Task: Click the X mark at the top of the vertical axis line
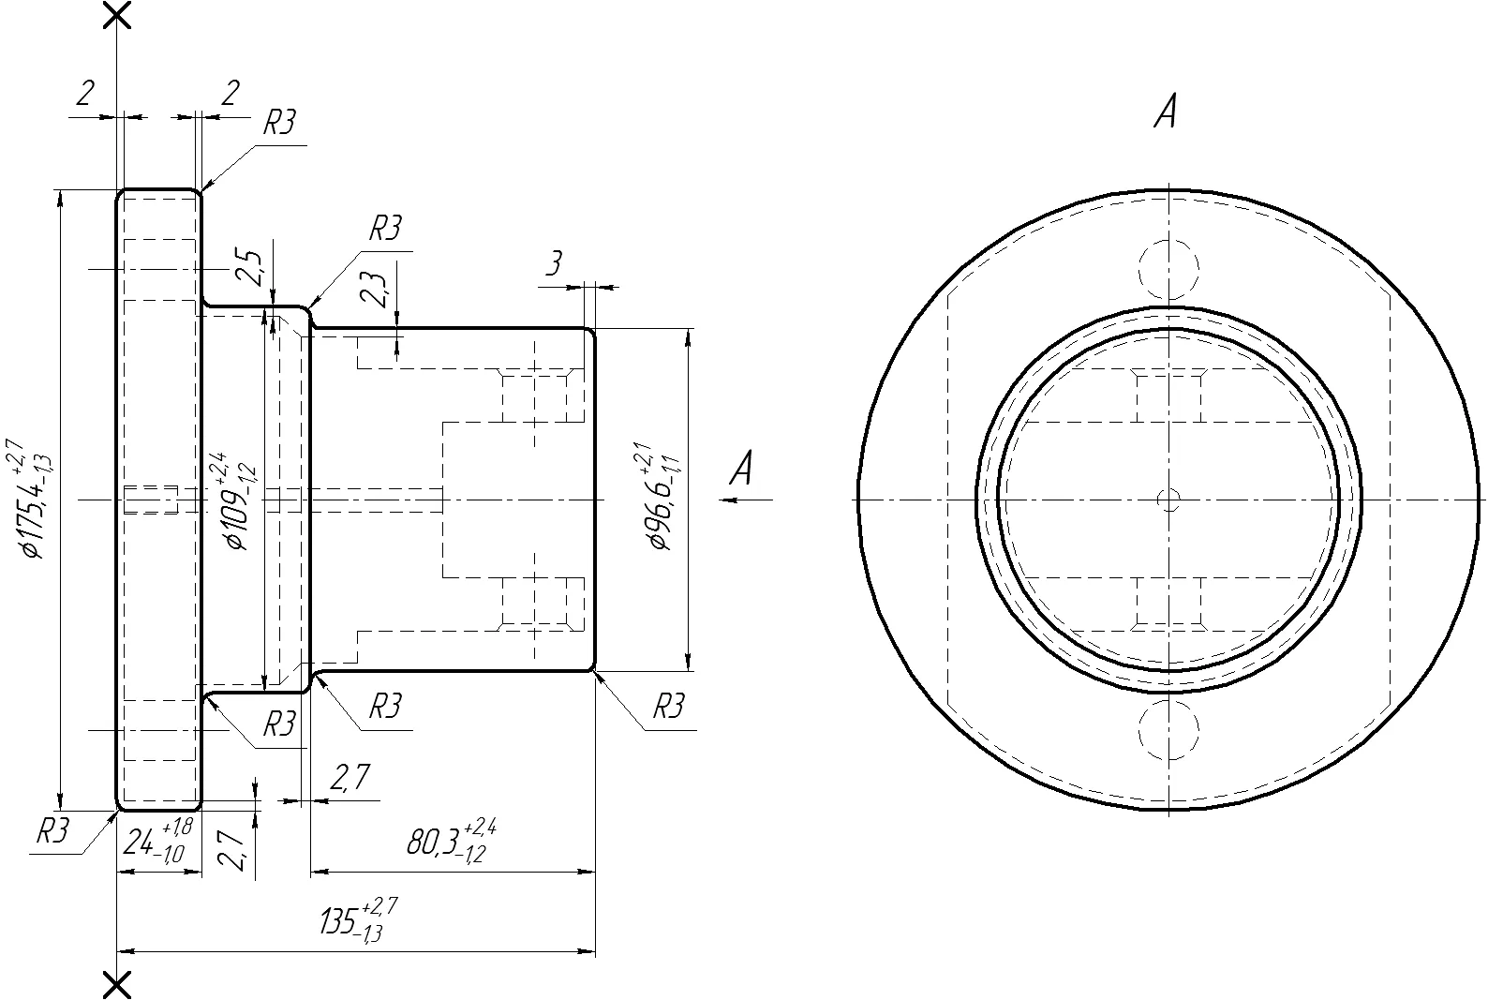tap(117, 15)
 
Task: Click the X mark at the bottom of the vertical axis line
tap(117, 985)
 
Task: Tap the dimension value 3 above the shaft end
tap(554, 263)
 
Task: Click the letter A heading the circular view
tap(1166, 111)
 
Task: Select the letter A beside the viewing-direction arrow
tap(742, 468)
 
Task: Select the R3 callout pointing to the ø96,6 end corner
tap(668, 707)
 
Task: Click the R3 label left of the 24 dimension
tap(52, 830)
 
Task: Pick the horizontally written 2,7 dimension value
tap(350, 777)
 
